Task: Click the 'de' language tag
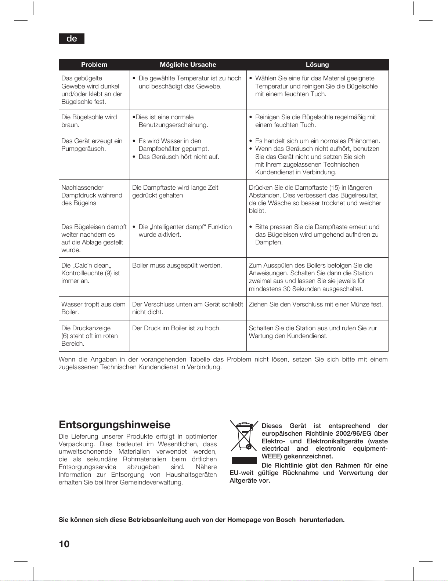[x=72, y=39]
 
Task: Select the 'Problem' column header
[x=94, y=65]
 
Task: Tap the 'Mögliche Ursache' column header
[x=188, y=65]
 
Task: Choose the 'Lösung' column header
[x=317, y=65]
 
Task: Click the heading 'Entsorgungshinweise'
[x=115, y=425]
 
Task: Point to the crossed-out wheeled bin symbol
[x=244, y=436]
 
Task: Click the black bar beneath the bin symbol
[x=244, y=461]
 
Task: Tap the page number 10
[x=64, y=544]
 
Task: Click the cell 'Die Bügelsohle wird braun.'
[x=89, y=121]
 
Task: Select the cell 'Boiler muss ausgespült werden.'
[x=177, y=265]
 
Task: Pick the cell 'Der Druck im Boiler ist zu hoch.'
[x=176, y=328]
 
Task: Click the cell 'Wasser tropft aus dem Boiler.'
[x=93, y=308]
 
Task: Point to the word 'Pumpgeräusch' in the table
[x=83, y=149]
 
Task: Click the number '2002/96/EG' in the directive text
[x=353, y=433]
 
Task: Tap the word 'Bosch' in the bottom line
[x=286, y=520]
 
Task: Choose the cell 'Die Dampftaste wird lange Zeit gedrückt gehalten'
[x=175, y=192]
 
